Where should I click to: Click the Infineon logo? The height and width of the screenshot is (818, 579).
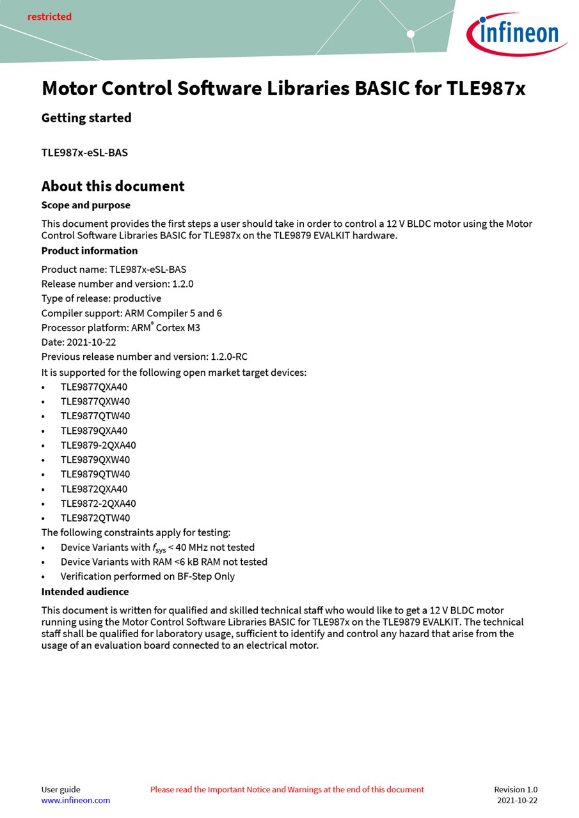[516, 34]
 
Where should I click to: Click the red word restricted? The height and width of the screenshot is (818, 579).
[49, 17]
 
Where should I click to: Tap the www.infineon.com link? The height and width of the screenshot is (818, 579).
[75, 800]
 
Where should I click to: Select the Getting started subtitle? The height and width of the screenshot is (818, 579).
[86, 118]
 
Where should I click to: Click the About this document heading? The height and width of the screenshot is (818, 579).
[113, 186]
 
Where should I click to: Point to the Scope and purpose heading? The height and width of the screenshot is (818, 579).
[86, 205]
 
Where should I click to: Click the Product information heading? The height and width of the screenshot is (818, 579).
[90, 251]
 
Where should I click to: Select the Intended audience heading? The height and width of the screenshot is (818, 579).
[85, 592]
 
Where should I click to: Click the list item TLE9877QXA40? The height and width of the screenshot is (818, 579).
[94, 387]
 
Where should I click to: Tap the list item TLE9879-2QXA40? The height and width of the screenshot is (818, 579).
[98, 445]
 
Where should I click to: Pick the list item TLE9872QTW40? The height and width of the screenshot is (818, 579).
[95, 518]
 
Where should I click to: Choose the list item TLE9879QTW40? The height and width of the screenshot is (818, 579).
[95, 474]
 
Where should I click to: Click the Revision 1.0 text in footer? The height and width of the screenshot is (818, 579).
[516, 789]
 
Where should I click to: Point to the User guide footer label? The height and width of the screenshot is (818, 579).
[61, 789]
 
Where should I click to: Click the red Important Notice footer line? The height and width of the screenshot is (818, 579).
[287, 789]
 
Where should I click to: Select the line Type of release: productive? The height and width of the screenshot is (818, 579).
[101, 298]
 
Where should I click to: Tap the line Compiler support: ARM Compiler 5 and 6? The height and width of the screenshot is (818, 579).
[132, 313]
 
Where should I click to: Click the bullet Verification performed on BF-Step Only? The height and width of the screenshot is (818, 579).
[147, 576]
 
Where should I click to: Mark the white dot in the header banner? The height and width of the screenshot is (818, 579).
[411, 34]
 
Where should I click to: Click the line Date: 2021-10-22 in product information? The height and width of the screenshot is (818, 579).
[79, 343]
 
